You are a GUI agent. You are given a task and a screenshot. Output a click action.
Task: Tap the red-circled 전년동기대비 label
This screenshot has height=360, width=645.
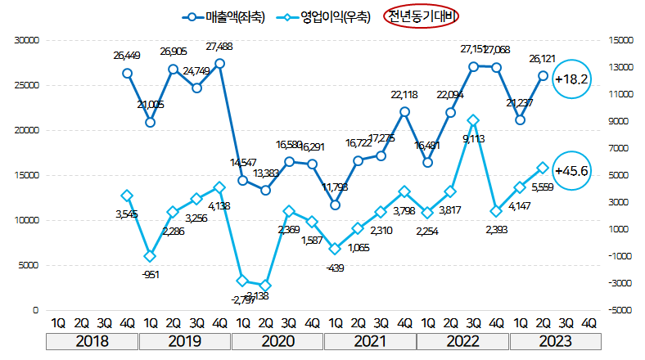422,16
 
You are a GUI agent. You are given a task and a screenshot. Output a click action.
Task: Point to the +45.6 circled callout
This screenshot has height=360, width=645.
572,172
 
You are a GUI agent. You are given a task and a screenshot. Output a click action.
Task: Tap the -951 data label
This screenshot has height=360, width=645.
150,274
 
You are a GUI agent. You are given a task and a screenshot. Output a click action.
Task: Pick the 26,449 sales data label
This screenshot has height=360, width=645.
128,56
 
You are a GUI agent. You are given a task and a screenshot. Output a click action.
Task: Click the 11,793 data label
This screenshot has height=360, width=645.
336,187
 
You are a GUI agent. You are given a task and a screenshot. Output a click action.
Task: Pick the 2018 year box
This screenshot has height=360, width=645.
92,341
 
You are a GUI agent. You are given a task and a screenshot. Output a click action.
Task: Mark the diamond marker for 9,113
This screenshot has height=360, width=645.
473,120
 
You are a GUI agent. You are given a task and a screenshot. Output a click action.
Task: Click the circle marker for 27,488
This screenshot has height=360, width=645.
219,63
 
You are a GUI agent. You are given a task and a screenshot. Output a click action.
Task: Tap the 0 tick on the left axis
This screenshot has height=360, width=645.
35,311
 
